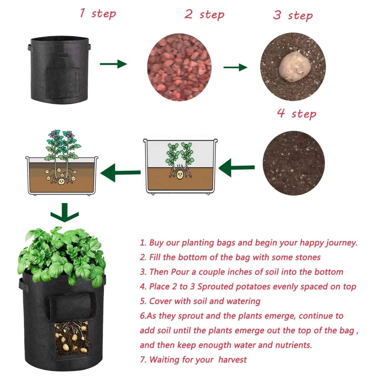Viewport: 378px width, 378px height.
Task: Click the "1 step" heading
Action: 97,13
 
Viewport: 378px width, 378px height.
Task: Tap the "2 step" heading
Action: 204,14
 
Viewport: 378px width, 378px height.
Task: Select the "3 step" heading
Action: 293,15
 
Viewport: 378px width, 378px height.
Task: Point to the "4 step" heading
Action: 296,113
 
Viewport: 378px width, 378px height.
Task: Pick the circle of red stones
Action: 179,67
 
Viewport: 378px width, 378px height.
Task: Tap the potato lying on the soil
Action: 294,67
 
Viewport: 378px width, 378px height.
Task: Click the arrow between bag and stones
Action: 113,64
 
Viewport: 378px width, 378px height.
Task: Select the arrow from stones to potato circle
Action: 235,67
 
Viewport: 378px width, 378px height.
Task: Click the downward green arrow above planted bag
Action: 64,213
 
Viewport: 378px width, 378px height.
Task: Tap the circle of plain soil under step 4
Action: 293,163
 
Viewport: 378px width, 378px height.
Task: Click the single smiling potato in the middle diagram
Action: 180,175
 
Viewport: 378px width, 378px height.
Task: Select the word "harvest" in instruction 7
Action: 232,360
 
